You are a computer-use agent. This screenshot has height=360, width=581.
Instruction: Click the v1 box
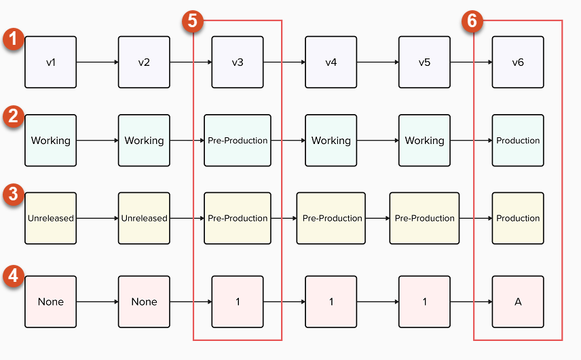click(x=51, y=62)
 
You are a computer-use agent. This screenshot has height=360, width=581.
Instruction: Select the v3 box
click(x=238, y=62)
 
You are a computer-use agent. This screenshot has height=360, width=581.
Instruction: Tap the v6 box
click(x=518, y=62)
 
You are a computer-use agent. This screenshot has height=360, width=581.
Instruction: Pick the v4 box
click(x=331, y=62)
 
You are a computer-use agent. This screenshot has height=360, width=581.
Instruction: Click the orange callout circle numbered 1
click(x=13, y=39)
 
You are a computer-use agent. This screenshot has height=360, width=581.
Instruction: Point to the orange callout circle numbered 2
click(x=13, y=116)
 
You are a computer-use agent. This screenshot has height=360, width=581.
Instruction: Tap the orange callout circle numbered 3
click(x=13, y=194)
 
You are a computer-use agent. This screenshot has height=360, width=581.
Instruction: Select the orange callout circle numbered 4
click(x=13, y=276)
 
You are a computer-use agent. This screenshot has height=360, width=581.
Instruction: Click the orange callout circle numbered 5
click(x=194, y=21)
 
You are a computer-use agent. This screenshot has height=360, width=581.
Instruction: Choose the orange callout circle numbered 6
click(x=474, y=21)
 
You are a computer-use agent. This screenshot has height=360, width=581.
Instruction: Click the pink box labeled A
click(x=518, y=302)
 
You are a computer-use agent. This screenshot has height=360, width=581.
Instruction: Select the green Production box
click(x=518, y=141)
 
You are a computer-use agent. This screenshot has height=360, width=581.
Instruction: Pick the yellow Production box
click(x=518, y=218)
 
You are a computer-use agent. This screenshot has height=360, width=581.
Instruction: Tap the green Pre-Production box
click(x=238, y=141)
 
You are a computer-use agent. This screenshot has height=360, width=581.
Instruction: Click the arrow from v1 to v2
click(x=98, y=62)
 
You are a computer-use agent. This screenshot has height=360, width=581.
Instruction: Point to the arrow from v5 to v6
click(x=471, y=62)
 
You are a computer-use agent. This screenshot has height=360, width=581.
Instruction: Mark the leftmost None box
click(x=51, y=302)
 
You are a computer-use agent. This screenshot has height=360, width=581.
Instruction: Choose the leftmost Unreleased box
click(x=51, y=218)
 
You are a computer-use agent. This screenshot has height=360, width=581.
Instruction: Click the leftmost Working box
click(x=51, y=141)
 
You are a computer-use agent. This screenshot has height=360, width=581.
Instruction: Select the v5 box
click(x=424, y=62)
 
